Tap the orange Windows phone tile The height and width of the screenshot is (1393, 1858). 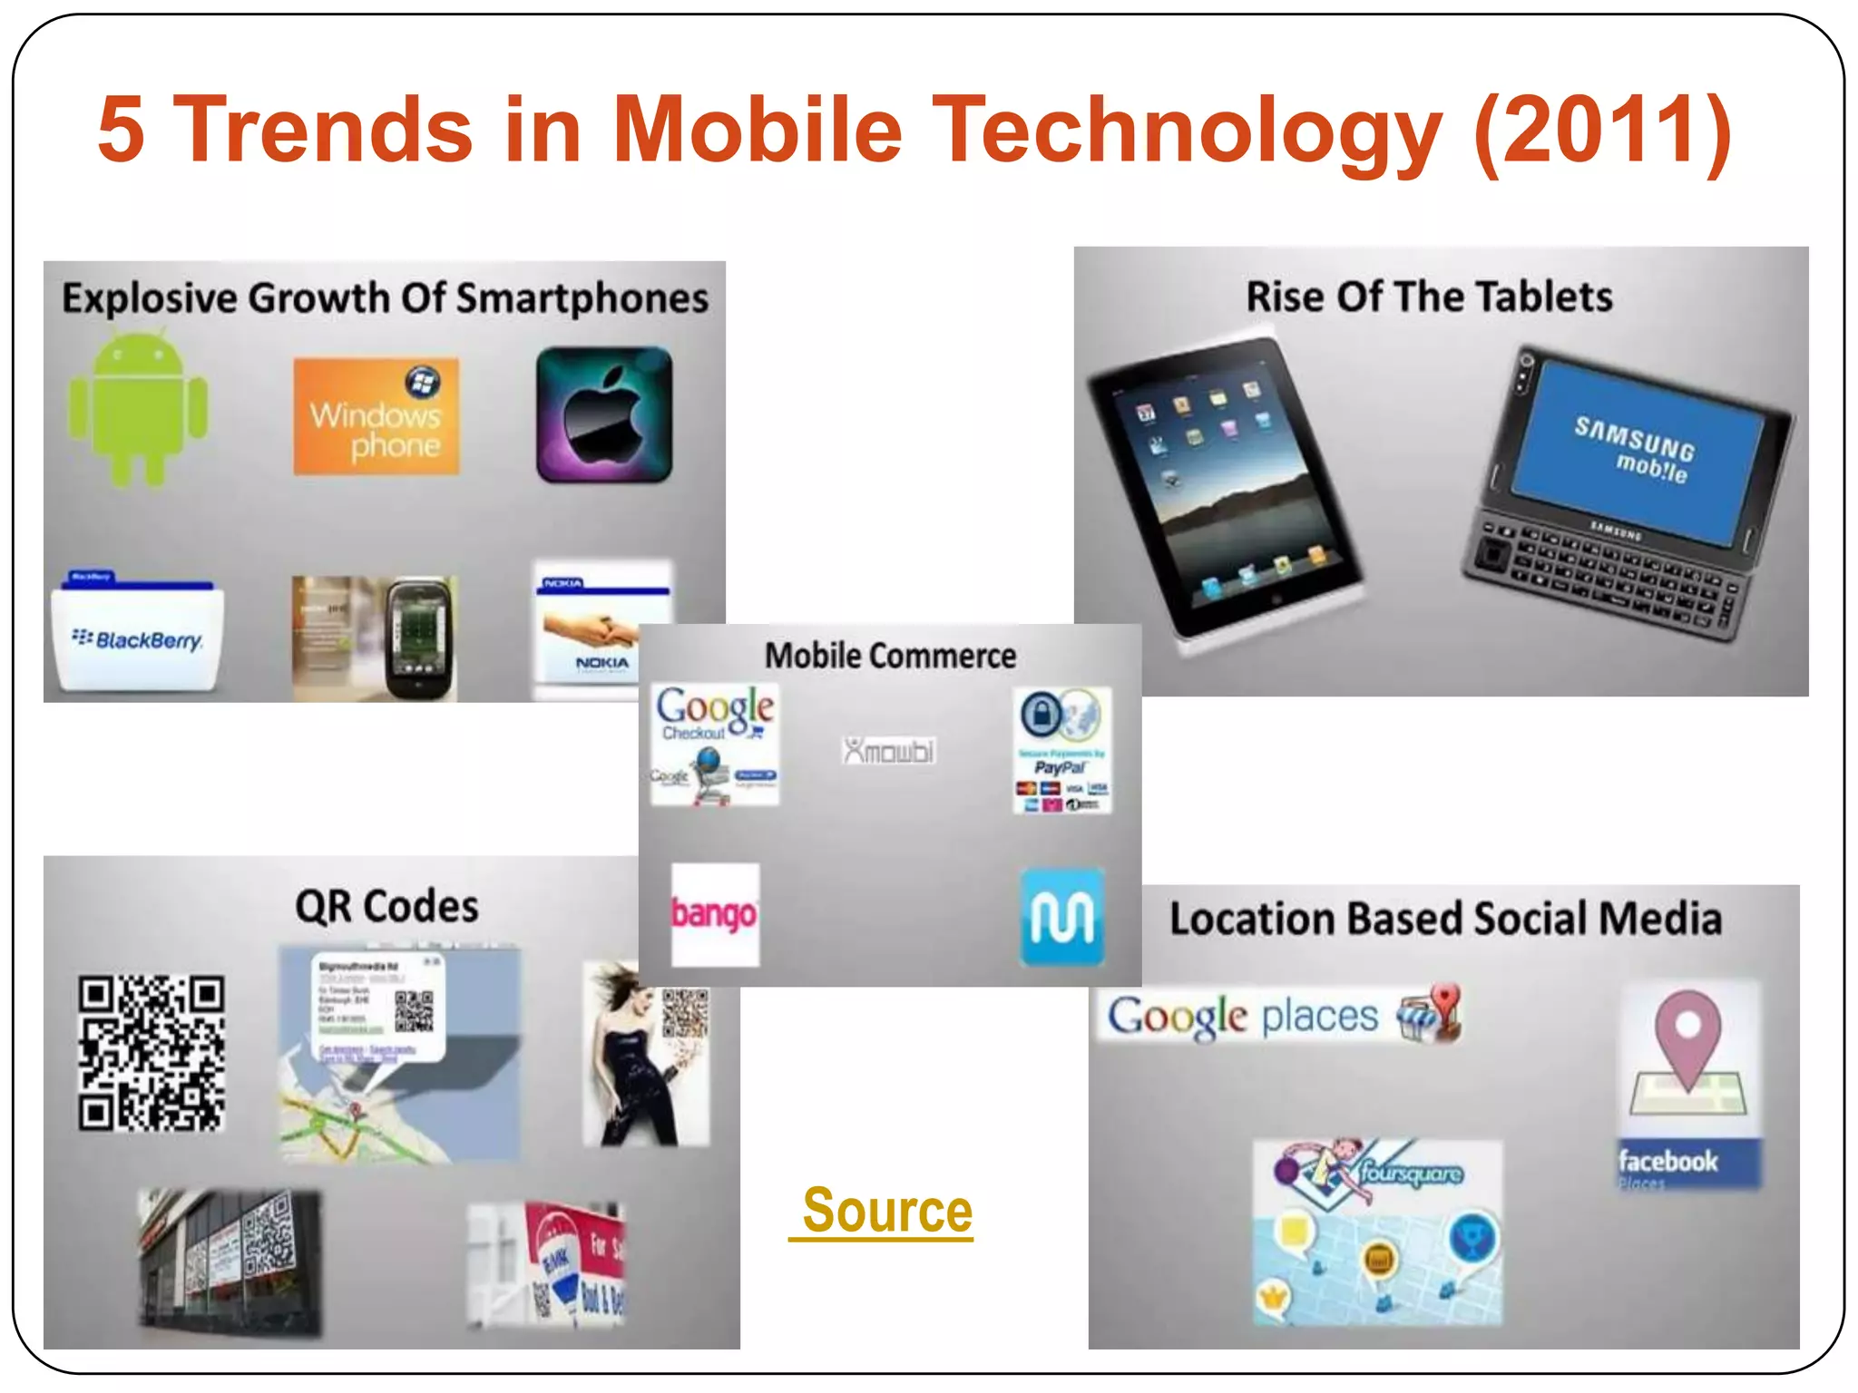(x=376, y=416)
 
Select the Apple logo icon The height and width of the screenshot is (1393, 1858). (x=604, y=414)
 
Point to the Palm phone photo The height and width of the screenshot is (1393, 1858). (x=376, y=638)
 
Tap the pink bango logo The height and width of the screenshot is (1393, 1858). (x=715, y=914)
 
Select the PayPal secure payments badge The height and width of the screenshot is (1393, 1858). (x=1061, y=750)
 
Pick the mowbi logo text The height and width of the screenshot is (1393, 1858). (x=889, y=751)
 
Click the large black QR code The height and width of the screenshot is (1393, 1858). (x=152, y=1053)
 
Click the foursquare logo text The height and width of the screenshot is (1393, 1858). (x=1411, y=1173)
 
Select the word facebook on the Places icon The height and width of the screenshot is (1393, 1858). (x=1667, y=1161)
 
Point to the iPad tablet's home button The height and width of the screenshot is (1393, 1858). (x=1276, y=599)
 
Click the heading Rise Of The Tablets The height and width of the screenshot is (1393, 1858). (x=1429, y=297)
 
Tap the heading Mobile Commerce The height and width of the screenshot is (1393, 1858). (x=890, y=656)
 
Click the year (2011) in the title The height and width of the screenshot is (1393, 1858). (x=1602, y=129)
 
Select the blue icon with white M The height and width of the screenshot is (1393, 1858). (x=1062, y=918)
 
